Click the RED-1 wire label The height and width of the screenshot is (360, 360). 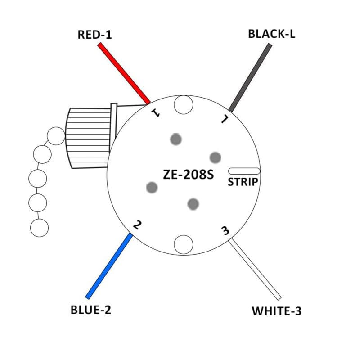point(94,35)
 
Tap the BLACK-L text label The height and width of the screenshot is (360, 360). point(271,34)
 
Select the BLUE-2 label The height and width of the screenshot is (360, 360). point(90,310)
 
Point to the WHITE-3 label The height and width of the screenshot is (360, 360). point(276,310)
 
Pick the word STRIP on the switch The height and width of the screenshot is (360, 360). point(243,182)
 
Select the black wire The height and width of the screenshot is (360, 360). point(251,77)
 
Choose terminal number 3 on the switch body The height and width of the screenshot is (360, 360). point(225,231)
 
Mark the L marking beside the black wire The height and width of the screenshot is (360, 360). point(223,119)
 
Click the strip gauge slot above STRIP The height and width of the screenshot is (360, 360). point(244,171)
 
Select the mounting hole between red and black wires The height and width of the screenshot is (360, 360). point(184,105)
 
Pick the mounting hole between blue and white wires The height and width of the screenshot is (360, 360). point(184,244)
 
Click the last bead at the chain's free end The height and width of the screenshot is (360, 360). point(39,227)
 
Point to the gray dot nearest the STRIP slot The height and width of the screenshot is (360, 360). point(216,157)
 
